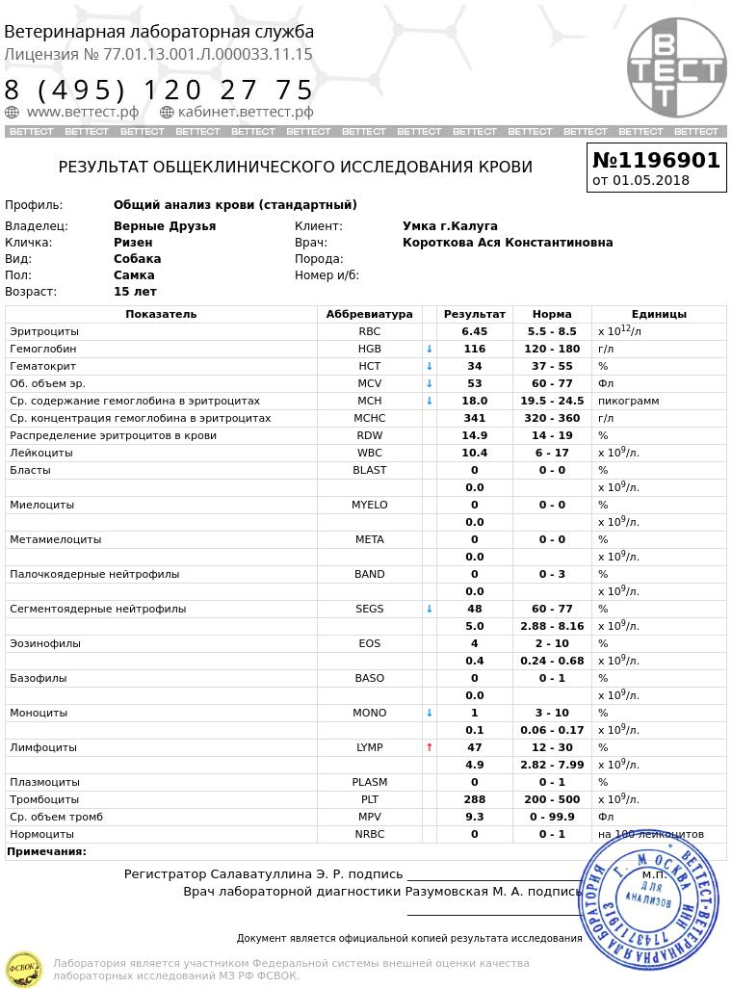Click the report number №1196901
pyautogui.click(x=656, y=160)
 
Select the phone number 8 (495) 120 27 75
pyautogui.click(x=160, y=90)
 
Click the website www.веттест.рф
pyautogui.click(x=83, y=112)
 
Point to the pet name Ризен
pyautogui.click(x=133, y=243)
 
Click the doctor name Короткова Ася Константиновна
pyautogui.click(x=508, y=243)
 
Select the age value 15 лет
pyautogui.click(x=135, y=292)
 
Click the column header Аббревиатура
pyautogui.click(x=369, y=314)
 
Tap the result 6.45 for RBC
pyautogui.click(x=474, y=331)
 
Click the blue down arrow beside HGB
pyautogui.click(x=430, y=349)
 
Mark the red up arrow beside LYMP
pyautogui.click(x=430, y=747)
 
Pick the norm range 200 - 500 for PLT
pyautogui.click(x=552, y=799)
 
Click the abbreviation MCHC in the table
pyautogui.click(x=369, y=418)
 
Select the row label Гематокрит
pyautogui.click(x=42, y=366)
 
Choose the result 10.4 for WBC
pyautogui.click(x=474, y=453)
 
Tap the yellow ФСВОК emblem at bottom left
pyautogui.click(x=23, y=968)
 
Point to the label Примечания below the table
pyautogui.click(x=46, y=851)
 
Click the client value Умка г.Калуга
pyautogui.click(x=450, y=226)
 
